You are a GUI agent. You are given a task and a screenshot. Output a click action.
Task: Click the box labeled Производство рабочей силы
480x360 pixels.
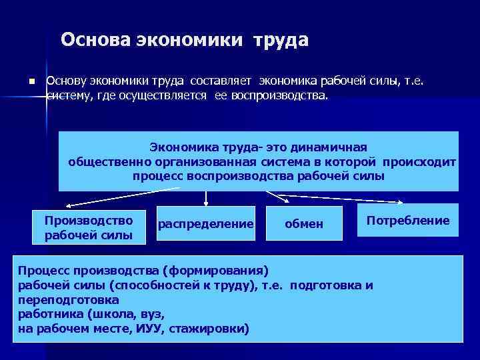89,227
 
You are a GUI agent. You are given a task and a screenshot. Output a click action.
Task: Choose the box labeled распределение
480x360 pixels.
206,225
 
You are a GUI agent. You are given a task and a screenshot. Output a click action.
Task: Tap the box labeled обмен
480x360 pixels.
303,225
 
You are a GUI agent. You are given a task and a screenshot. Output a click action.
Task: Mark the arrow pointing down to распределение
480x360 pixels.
206,197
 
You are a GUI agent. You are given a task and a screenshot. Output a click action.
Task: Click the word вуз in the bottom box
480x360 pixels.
151,315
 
